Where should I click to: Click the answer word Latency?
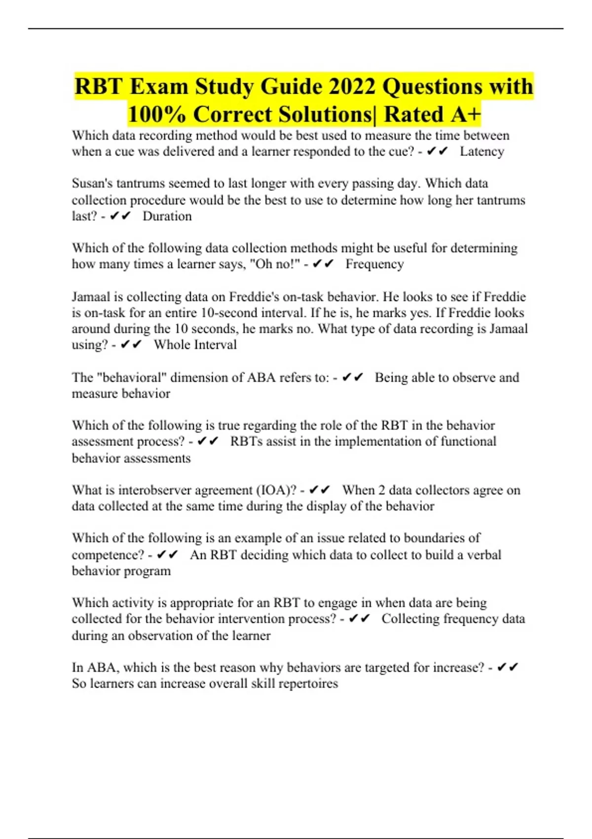click(481, 152)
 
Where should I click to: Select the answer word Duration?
click(167, 216)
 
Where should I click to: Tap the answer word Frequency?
click(374, 264)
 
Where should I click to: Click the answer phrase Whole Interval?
click(195, 344)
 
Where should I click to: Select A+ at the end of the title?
click(465, 114)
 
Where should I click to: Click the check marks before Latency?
click(437, 152)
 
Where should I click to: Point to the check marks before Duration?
click(120, 216)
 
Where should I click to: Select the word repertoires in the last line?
click(308, 684)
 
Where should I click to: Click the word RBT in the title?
click(98, 87)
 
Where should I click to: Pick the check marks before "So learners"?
click(508, 668)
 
